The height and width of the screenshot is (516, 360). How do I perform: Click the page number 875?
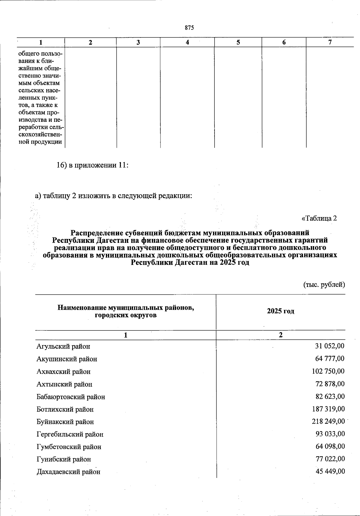click(189, 28)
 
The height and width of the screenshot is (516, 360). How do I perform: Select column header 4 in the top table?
click(187, 43)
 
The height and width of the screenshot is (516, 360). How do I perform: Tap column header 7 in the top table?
click(330, 42)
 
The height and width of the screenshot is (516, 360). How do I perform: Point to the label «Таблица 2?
click(319, 218)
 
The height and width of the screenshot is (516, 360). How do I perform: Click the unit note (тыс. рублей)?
click(324, 284)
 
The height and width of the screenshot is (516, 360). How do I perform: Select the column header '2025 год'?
click(280, 311)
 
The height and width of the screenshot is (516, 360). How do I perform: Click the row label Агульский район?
click(63, 347)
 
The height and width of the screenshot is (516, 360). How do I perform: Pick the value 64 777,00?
click(330, 359)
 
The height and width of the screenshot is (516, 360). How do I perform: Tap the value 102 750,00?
click(328, 371)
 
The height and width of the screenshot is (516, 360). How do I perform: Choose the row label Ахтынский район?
click(64, 384)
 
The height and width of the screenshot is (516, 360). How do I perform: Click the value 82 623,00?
click(330, 396)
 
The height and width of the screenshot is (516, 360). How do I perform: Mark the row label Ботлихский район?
click(65, 409)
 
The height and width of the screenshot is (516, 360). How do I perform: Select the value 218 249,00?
click(328, 422)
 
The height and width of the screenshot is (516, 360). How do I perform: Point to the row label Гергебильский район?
click(70, 434)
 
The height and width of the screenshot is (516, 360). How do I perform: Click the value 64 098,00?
click(330, 446)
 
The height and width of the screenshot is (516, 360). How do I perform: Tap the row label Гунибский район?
click(64, 459)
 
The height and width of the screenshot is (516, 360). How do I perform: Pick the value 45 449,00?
click(330, 471)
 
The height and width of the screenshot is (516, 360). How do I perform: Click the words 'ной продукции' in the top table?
click(40, 142)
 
